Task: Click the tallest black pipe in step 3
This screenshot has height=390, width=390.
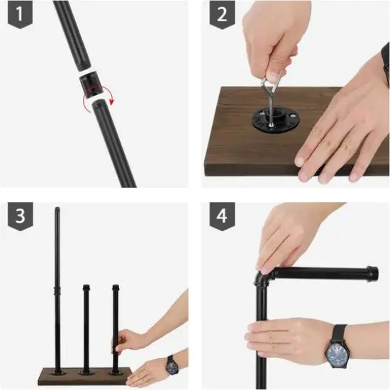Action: tap(57, 269)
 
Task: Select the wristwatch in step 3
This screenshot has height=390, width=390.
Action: tap(171, 364)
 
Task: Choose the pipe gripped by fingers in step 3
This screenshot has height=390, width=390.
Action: tap(115, 326)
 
